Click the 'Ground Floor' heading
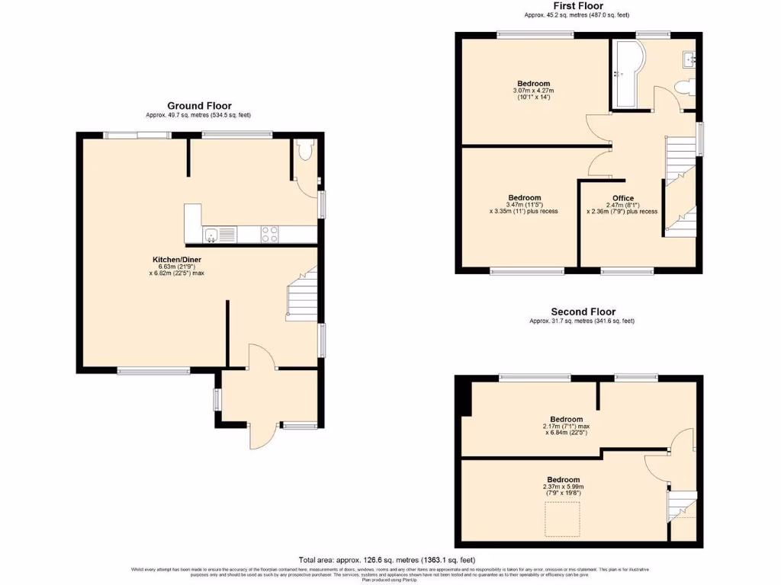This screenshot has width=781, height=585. tap(199, 106)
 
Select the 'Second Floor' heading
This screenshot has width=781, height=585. tap(583, 312)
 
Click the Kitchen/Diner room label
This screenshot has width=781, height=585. tap(176, 260)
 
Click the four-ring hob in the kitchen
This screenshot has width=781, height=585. tap(270, 234)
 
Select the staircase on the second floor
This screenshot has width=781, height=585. tap(682, 507)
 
